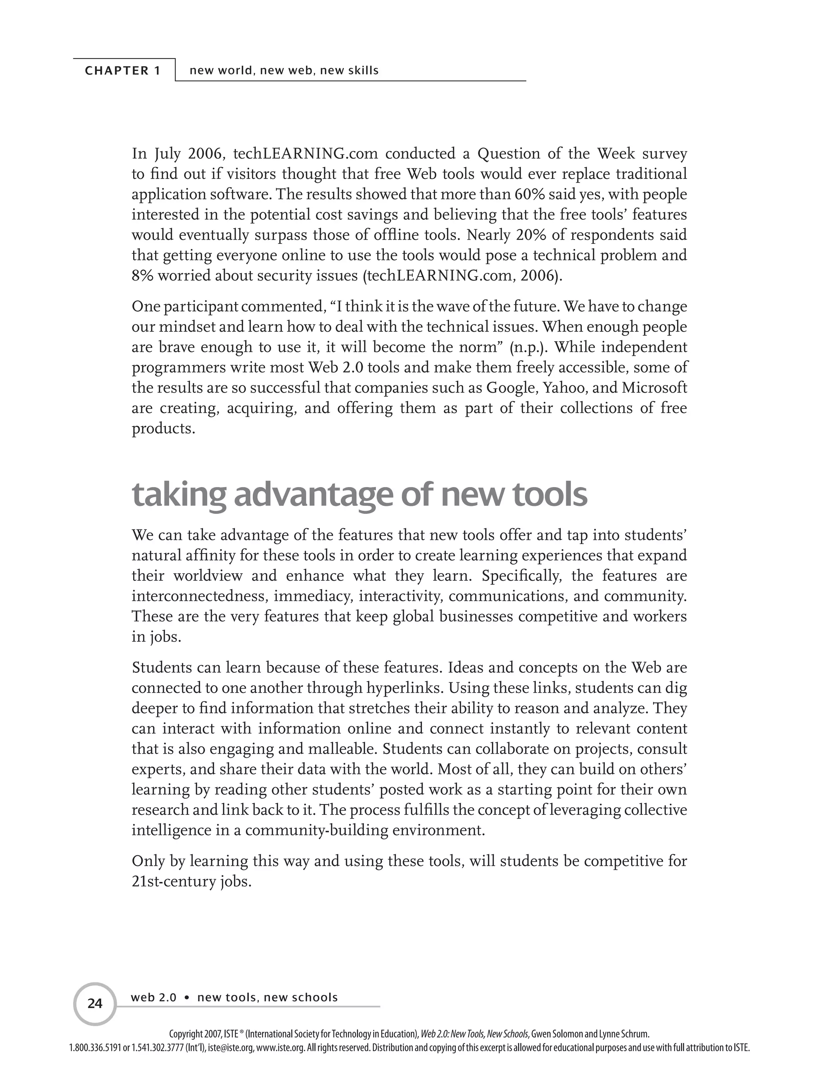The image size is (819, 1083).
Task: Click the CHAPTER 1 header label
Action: coord(123,70)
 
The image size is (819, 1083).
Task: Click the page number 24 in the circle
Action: coord(95,1004)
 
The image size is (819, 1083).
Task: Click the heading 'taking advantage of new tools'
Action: coord(359,495)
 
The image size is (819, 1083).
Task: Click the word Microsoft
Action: coord(654,388)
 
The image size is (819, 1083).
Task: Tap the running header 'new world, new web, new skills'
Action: coord(284,70)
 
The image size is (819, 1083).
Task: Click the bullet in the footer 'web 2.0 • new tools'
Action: coord(187,998)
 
